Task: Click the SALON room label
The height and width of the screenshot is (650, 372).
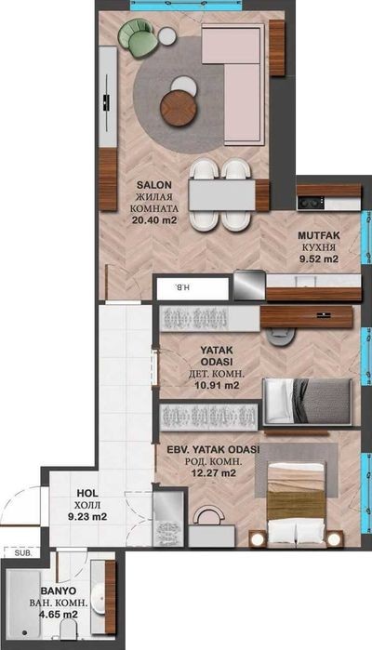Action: (153, 185)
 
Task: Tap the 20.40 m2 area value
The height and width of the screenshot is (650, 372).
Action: (154, 220)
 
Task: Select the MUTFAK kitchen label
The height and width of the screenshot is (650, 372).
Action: (319, 236)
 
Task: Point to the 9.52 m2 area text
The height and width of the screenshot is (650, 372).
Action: (319, 259)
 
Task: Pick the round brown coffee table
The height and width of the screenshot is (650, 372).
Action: (179, 108)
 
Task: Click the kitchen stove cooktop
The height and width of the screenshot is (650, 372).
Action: (311, 203)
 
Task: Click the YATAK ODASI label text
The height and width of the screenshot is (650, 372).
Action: (216, 356)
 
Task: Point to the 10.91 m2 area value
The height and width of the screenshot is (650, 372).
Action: (217, 385)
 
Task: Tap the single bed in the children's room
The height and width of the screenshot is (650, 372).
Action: (307, 402)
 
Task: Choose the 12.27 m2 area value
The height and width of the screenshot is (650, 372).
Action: (213, 472)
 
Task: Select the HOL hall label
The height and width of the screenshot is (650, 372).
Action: (87, 493)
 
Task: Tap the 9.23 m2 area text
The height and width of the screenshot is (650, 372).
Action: (87, 517)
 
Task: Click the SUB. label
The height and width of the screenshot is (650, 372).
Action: (20, 552)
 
